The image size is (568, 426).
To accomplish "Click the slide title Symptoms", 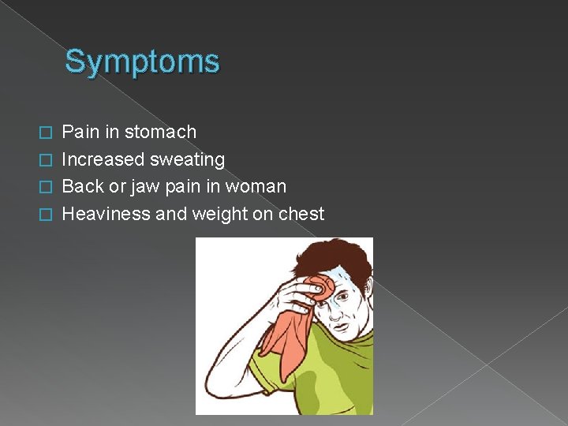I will coord(142,62).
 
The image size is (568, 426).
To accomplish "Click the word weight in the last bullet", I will coord(220,215).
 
